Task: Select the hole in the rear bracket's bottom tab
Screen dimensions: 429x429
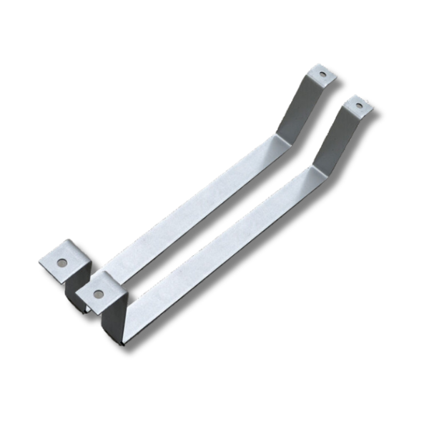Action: coord(62,262)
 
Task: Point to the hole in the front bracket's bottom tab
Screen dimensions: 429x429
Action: coord(98,293)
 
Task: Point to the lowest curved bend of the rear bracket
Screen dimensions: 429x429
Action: coord(84,307)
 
